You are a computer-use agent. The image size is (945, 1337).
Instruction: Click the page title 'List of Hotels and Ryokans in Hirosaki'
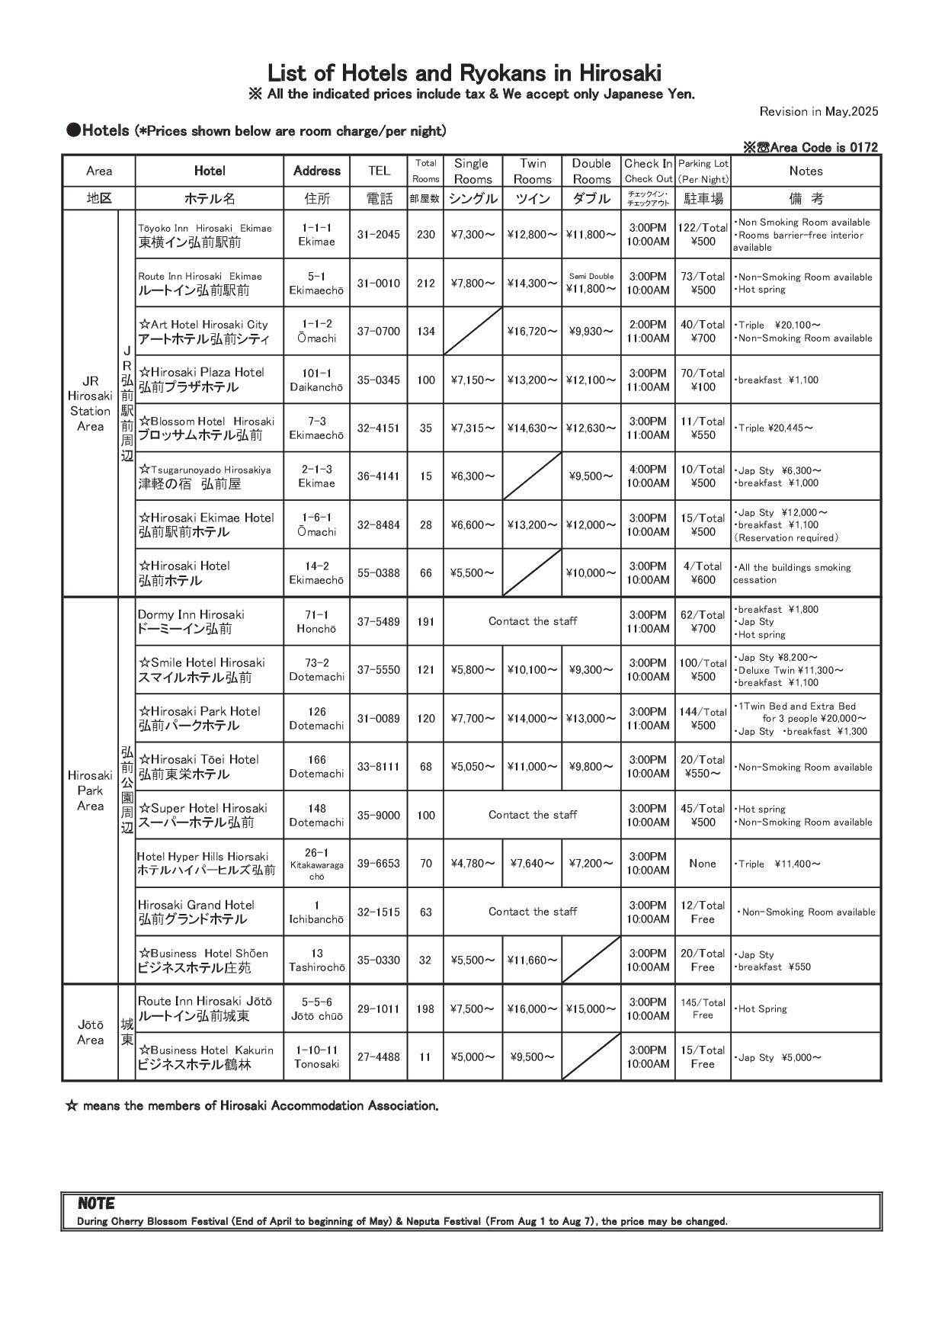464,73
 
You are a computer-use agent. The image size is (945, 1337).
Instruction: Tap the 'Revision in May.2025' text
818,111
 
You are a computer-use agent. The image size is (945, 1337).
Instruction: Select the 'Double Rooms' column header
591,171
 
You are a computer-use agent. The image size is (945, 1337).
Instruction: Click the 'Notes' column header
806,171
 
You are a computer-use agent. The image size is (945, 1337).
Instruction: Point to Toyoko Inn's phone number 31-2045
379,235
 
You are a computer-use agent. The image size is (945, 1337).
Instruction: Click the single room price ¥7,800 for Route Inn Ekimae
472,283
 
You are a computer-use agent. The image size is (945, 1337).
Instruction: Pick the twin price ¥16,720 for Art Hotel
532,332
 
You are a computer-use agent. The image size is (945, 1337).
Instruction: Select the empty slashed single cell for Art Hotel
472,332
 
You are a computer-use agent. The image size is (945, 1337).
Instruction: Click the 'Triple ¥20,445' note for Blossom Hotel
774,428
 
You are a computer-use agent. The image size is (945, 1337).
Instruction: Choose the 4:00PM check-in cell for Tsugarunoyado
648,476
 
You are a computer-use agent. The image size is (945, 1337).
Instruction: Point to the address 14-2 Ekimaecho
316,573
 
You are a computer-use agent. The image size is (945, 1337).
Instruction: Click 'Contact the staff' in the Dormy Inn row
532,621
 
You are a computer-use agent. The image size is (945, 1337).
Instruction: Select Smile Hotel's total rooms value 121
425,670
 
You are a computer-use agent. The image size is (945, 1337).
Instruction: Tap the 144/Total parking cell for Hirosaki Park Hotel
703,718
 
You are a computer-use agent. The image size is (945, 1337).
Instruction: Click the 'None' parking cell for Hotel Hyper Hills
703,864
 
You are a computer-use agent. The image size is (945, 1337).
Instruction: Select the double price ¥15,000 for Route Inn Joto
591,1009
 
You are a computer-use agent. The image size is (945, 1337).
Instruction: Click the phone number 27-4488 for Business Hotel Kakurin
379,1057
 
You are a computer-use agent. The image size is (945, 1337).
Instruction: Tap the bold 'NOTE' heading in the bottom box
96,1204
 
